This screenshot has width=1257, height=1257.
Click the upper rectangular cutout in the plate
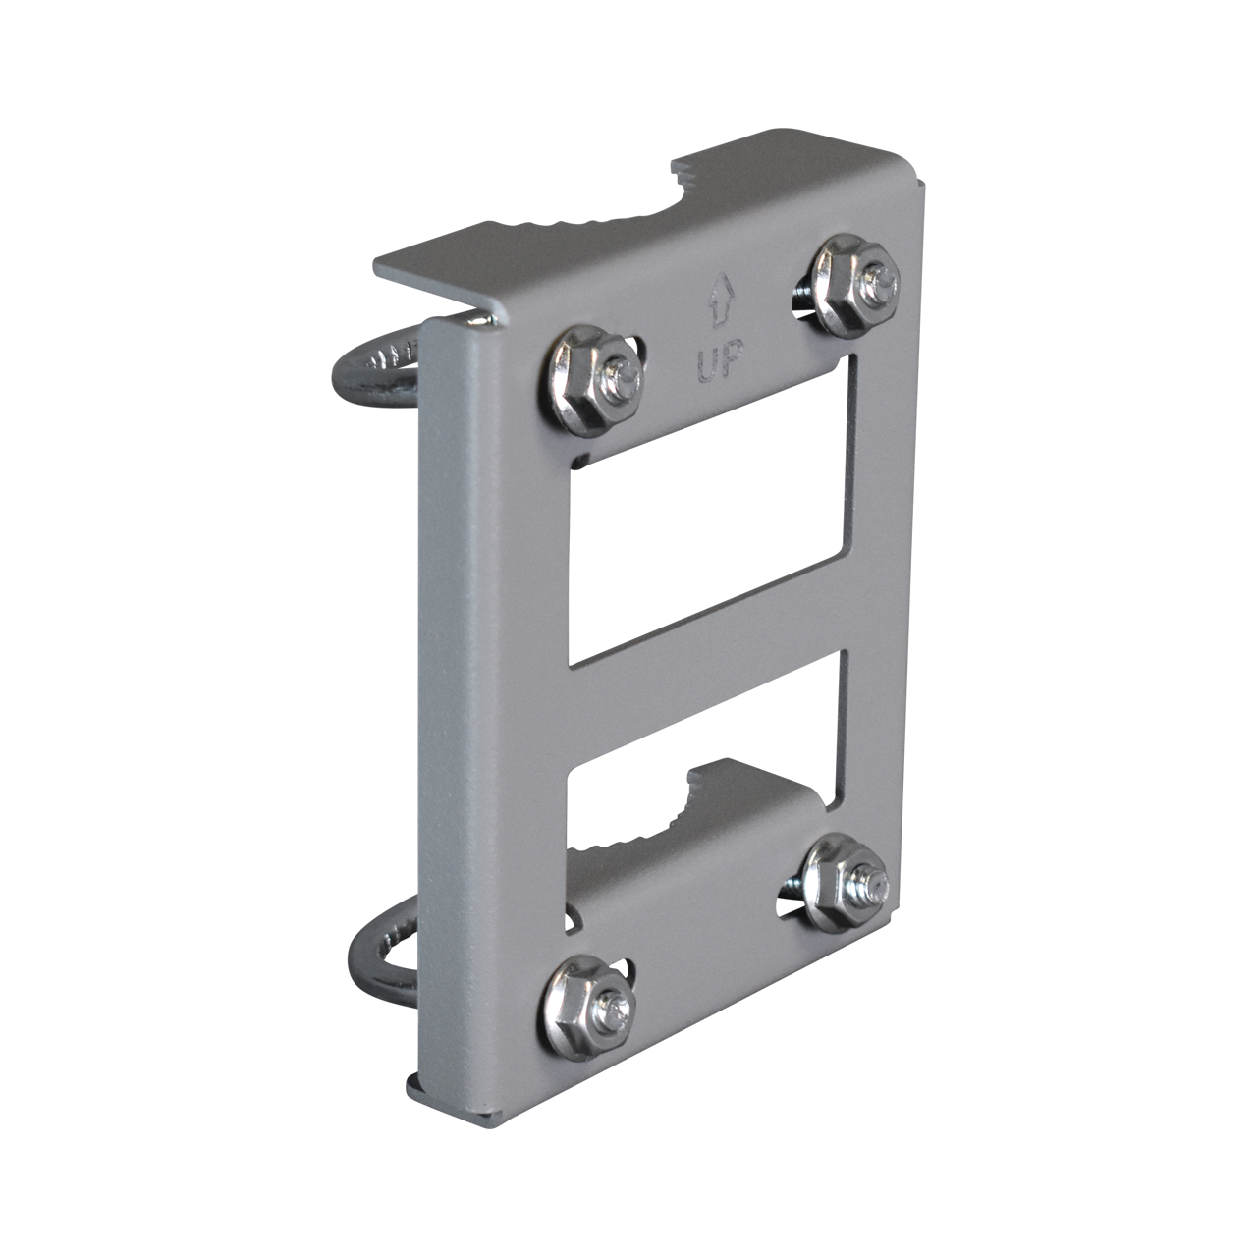click(722, 511)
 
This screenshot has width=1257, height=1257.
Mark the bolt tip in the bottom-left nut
click(618, 1003)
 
